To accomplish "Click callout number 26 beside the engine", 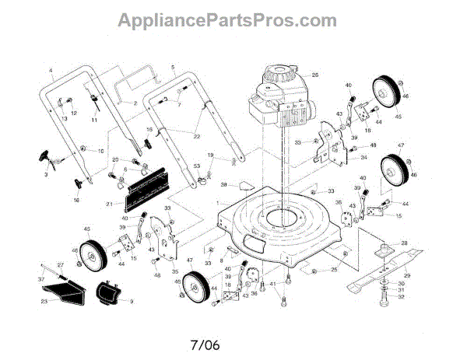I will pos(316,75).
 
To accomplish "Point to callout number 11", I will pos(94,121).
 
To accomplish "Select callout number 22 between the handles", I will pos(198,137).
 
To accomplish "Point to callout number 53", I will pos(197,166).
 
